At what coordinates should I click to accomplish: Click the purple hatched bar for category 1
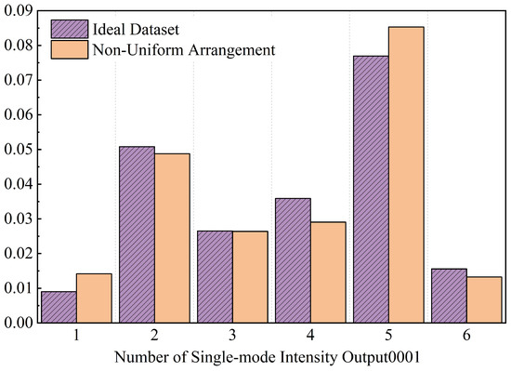(59, 307)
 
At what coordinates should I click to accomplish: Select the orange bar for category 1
(94, 298)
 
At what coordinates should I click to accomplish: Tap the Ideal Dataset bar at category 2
(137, 234)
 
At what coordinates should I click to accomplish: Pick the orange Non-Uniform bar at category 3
(250, 277)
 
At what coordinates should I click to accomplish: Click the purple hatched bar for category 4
(293, 260)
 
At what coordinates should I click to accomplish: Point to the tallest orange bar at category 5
(406, 175)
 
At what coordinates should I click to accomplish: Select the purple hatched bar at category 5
(371, 190)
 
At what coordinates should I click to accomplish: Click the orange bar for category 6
(484, 300)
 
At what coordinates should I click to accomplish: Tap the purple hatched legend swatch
(70, 29)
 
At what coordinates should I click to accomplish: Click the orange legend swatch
(70, 49)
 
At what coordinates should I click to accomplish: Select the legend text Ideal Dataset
(136, 30)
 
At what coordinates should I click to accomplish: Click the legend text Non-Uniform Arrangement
(184, 50)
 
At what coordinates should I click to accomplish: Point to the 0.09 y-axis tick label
(19, 11)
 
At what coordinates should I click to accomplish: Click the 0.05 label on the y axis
(19, 150)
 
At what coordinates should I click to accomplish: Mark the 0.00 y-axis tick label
(19, 323)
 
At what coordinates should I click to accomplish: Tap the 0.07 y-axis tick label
(19, 80)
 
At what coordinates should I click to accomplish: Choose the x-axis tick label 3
(232, 335)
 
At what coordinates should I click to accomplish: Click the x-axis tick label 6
(466, 335)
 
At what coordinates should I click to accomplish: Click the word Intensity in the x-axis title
(309, 358)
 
